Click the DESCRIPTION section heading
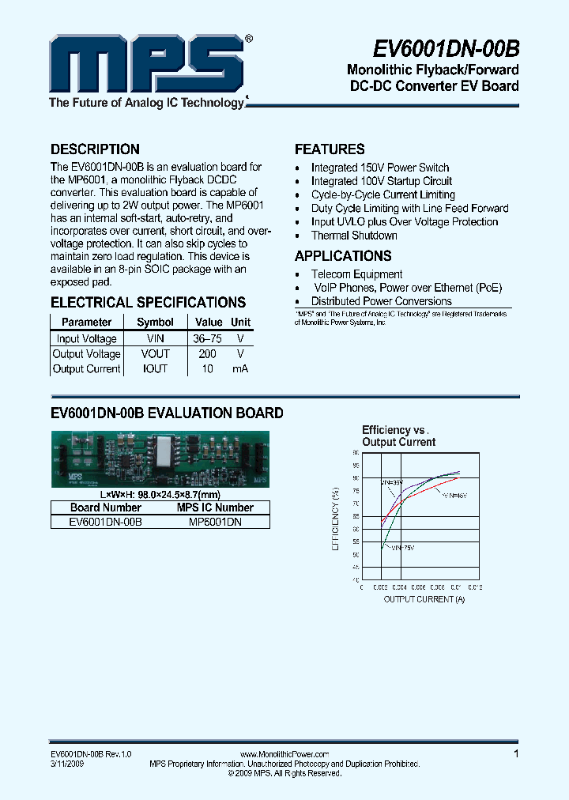(x=95, y=149)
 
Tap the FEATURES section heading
(x=330, y=149)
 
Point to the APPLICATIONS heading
(x=343, y=256)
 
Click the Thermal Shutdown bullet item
(x=354, y=236)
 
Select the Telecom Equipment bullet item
(x=356, y=274)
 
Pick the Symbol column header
(x=155, y=323)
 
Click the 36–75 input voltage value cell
(x=207, y=338)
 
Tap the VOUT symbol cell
(x=156, y=354)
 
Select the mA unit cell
(x=240, y=369)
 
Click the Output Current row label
(x=87, y=369)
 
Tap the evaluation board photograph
(x=160, y=459)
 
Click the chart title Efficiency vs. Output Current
(x=398, y=436)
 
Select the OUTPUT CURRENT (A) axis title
(x=424, y=599)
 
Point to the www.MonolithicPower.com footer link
(x=284, y=755)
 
